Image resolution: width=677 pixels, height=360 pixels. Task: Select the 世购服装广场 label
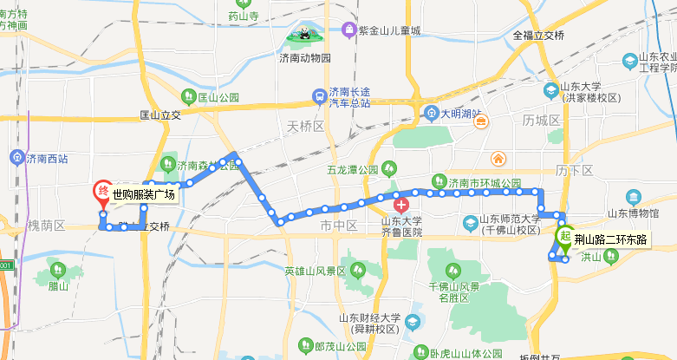point(144,194)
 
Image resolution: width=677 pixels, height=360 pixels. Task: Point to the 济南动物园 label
point(305,58)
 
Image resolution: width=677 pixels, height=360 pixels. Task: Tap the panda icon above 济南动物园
point(305,36)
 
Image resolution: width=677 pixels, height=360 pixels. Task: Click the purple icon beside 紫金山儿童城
point(348,30)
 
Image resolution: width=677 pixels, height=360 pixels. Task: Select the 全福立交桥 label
point(538,36)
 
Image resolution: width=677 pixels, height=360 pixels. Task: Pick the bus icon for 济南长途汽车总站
point(320,95)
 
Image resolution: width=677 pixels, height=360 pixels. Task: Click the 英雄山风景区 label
point(316,271)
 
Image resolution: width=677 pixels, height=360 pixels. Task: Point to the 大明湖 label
point(460,113)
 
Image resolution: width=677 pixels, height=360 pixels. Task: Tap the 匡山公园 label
point(218,97)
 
